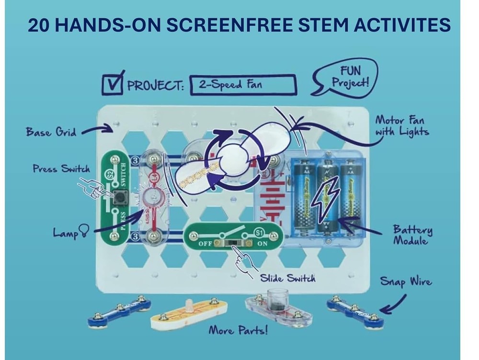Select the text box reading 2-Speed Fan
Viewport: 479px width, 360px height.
243,85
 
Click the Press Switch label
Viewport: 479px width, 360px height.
61,169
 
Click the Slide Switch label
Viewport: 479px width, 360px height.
287,278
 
